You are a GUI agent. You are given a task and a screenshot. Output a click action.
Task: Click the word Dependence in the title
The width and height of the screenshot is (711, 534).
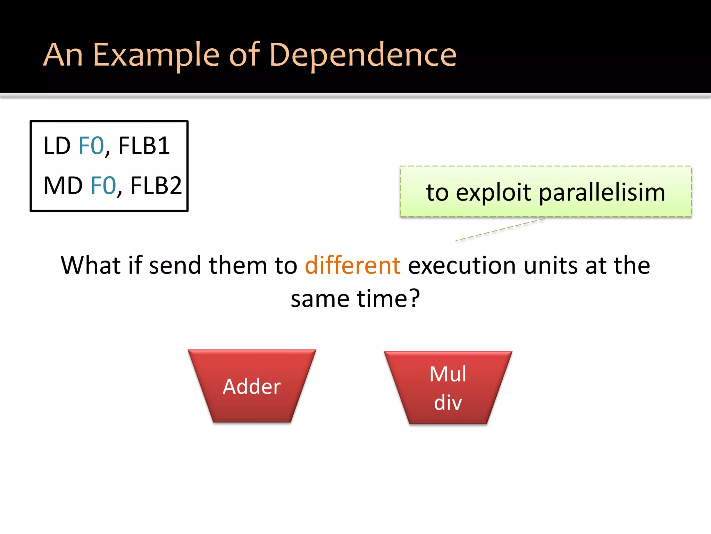362,55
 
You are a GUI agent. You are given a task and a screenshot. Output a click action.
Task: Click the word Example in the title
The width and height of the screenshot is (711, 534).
156,55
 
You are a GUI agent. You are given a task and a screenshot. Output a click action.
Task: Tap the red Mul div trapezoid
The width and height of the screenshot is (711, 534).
448,388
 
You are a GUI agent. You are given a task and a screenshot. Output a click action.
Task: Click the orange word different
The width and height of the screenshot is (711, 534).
353,266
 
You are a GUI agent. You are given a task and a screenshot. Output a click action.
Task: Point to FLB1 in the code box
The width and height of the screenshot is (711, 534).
144,146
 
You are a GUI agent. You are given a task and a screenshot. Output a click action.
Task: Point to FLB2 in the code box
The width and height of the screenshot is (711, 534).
156,186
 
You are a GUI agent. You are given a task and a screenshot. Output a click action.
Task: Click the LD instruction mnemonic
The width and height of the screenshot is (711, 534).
57,146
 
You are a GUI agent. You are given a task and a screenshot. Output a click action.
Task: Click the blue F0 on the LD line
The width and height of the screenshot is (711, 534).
91,146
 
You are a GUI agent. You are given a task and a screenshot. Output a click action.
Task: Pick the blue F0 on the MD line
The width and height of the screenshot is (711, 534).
103,186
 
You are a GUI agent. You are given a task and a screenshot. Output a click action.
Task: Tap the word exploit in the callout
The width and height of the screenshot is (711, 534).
493,192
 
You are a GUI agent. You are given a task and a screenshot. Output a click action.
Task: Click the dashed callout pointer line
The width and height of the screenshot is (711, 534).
500,229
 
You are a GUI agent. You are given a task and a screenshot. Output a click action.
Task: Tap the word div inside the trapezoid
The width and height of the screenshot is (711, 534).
448,403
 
